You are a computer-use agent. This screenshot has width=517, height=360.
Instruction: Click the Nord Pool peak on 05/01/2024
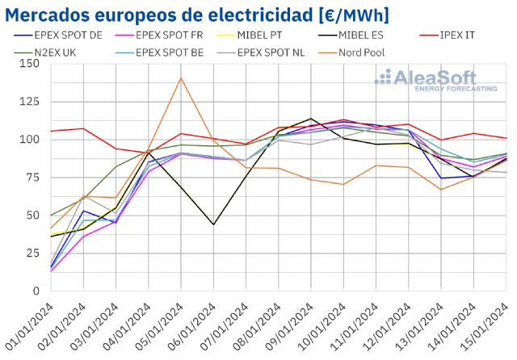[x=181, y=78]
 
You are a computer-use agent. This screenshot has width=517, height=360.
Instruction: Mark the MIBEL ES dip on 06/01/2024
[x=213, y=224]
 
